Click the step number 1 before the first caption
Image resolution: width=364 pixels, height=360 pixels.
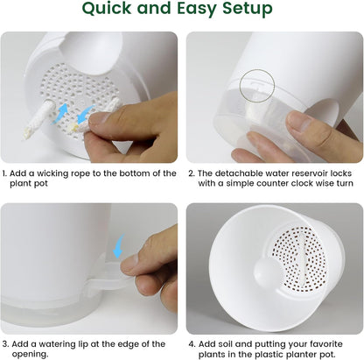(4, 173)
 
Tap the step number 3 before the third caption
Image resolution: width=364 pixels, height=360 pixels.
(4, 343)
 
